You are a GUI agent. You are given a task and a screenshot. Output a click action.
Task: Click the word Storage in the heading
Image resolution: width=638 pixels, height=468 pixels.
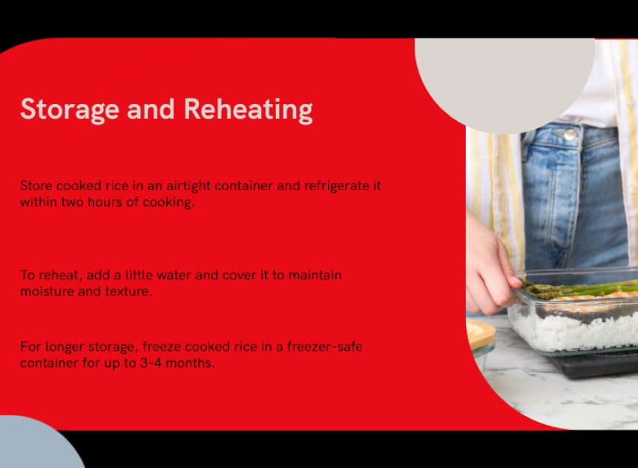(70, 109)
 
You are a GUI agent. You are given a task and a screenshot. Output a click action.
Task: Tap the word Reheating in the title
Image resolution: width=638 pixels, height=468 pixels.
(249, 109)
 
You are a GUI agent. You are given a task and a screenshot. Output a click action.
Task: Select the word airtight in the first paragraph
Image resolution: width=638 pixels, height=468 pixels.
(188, 186)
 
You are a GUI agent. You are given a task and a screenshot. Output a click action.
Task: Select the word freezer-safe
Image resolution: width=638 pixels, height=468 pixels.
(325, 347)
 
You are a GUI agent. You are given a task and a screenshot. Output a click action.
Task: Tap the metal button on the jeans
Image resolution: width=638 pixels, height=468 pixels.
(569, 133)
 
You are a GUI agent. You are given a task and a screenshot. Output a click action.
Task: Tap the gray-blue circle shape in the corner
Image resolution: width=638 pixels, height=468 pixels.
(36, 445)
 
